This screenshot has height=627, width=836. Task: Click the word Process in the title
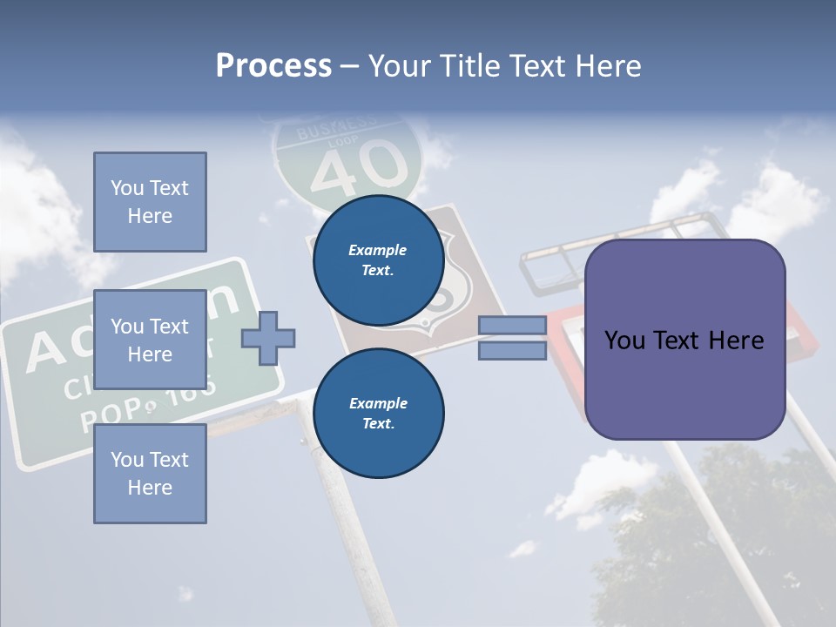pos(273,66)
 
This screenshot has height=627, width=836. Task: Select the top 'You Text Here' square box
pos(150,202)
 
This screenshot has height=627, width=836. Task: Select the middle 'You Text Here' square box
pos(150,340)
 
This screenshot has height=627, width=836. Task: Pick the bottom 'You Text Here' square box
pos(150,474)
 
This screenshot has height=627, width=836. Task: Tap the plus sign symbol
pos(268,337)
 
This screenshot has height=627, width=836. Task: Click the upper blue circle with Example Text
pos(378,260)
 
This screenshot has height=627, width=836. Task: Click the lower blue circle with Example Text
pos(378,413)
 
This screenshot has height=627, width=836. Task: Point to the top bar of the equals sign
pos(512,326)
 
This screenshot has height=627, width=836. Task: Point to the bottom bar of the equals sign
pos(512,351)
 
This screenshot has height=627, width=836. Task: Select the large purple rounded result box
pos(684,340)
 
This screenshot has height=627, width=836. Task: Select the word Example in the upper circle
pos(378,250)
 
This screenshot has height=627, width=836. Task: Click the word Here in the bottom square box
pos(150,488)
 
